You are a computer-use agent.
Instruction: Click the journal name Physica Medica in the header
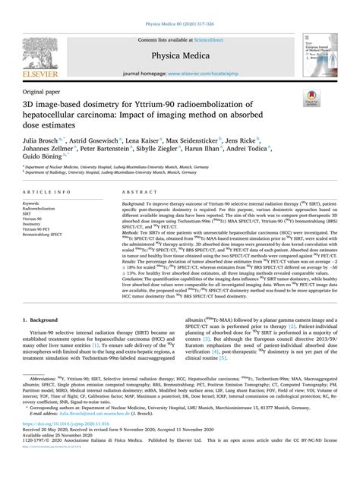[x=180, y=54]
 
